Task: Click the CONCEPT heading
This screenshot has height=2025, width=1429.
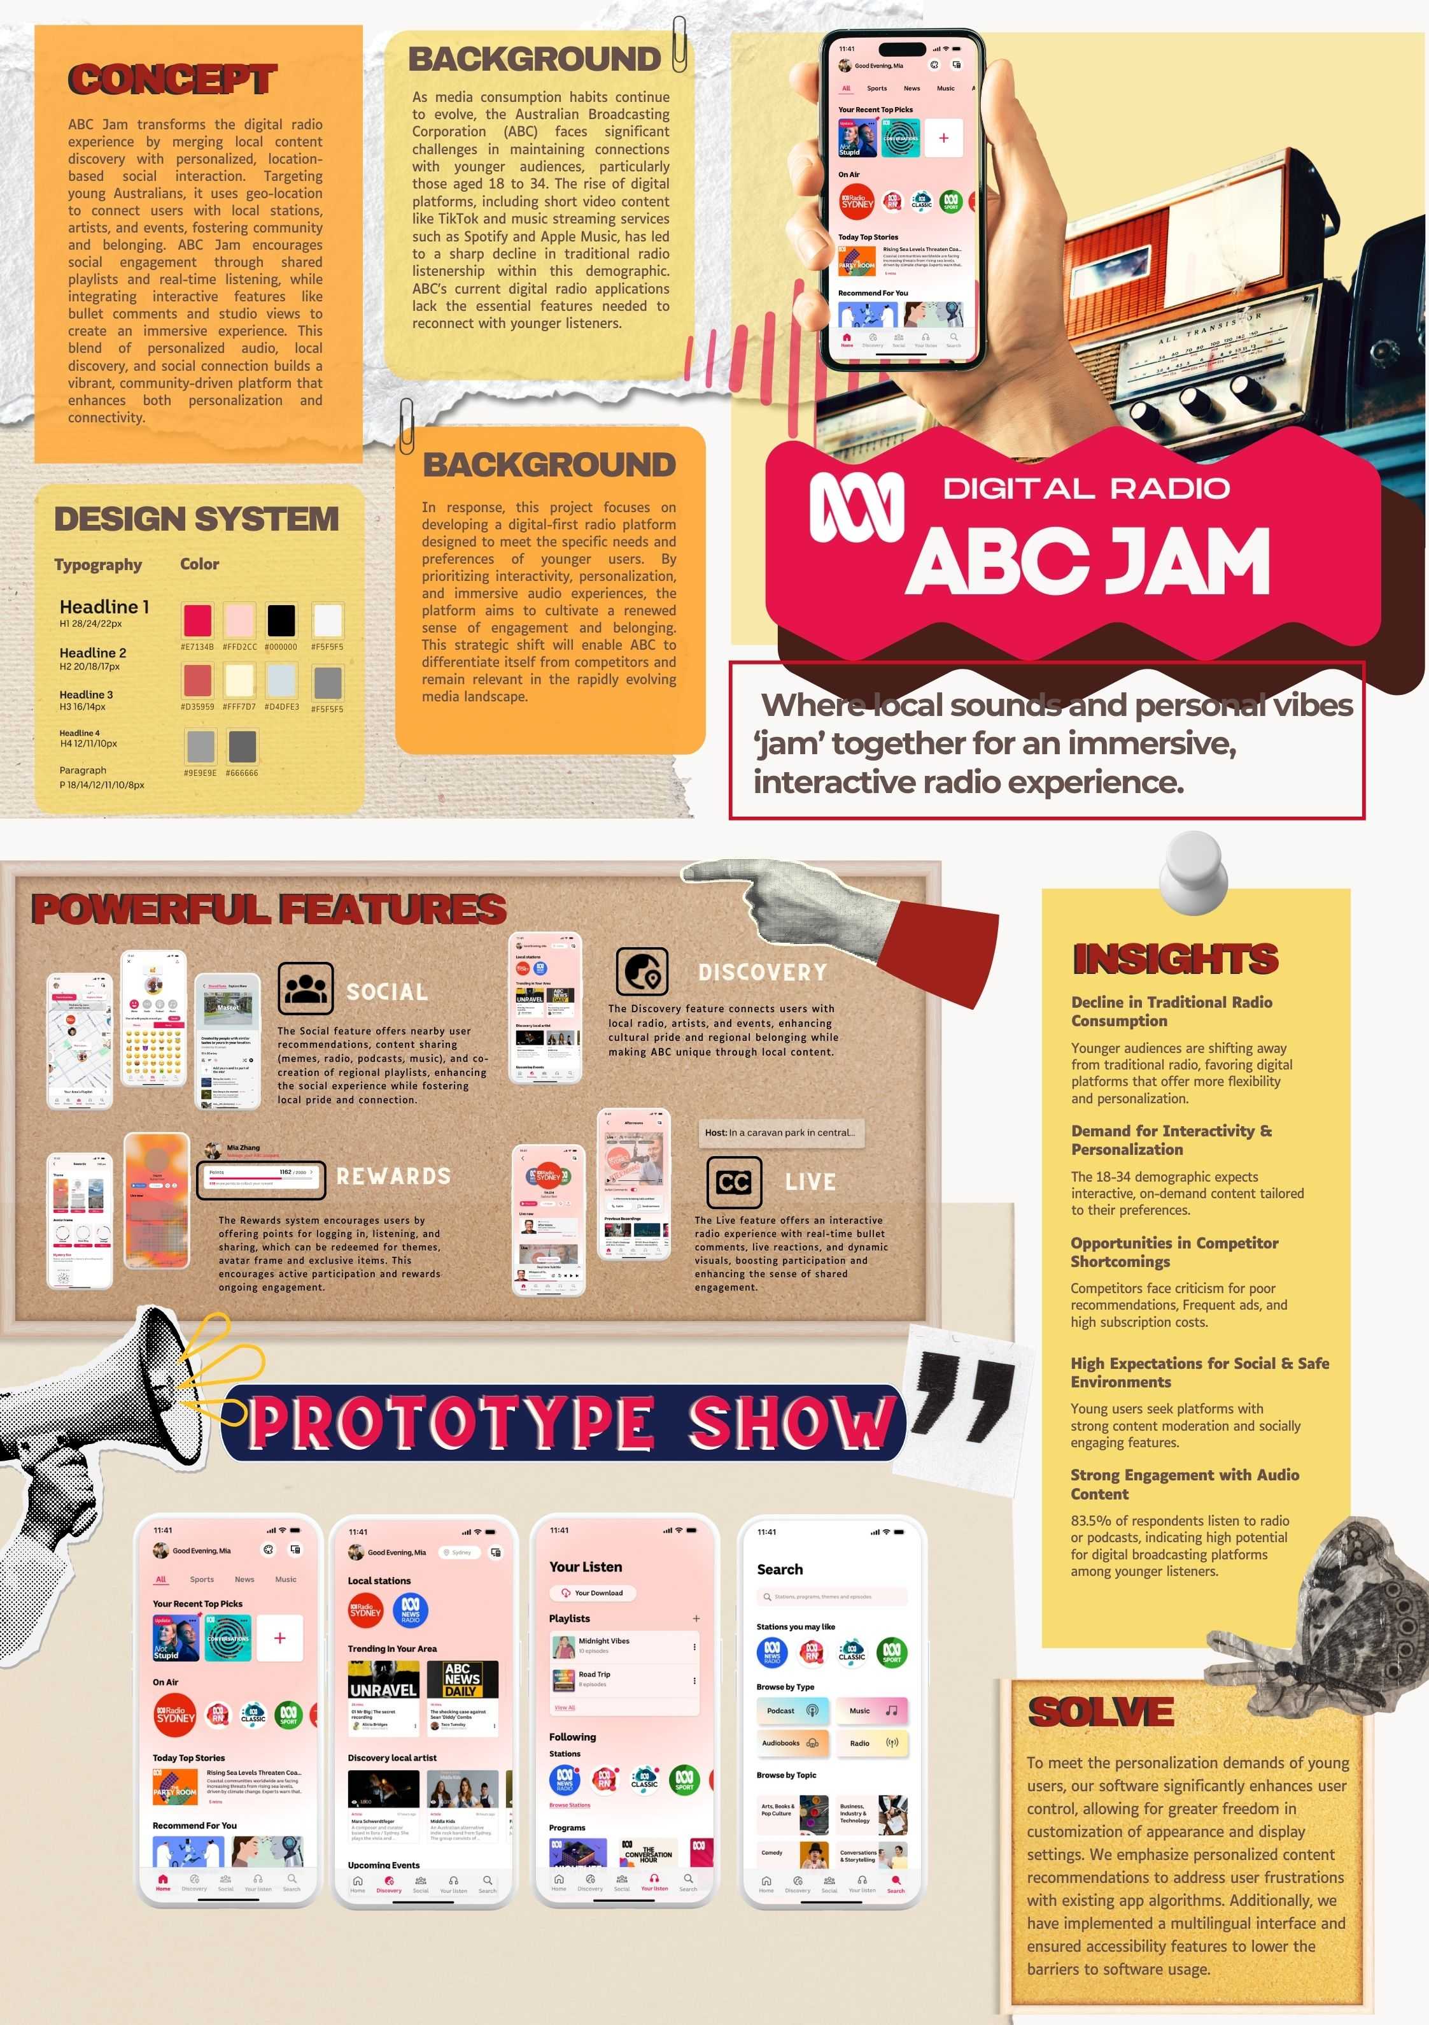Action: point(172,80)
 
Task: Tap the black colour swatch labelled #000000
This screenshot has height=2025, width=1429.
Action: point(281,620)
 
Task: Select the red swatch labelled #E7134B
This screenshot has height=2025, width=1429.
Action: point(197,620)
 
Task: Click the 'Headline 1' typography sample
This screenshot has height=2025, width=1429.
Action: point(104,607)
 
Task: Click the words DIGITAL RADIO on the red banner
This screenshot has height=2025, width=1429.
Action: point(1086,488)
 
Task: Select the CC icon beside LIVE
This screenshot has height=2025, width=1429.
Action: point(733,1182)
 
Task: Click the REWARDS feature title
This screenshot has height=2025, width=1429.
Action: point(393,1176)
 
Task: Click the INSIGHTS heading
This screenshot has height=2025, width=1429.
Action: point(1175,959)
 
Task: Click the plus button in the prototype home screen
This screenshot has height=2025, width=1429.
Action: point(279,1638)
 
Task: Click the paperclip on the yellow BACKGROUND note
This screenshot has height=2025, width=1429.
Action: point(679,44)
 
